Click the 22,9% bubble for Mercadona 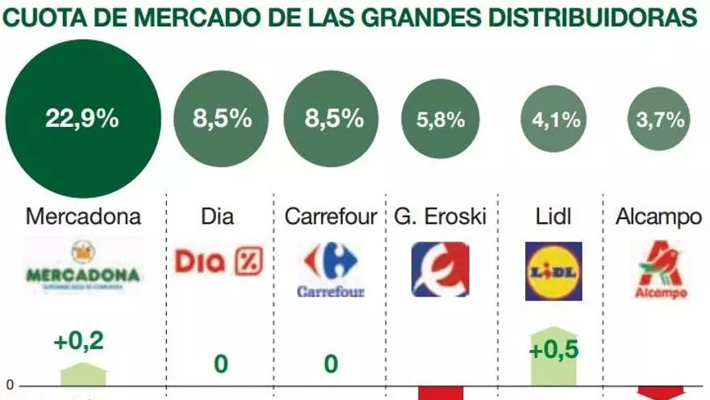coord(82,120)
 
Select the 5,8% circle coord(441,120)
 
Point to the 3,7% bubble coord(660,120)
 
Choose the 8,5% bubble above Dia coord(220,120)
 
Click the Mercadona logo coord(83,265)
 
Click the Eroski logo coord(440,269)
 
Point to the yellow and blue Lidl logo coord(553,270)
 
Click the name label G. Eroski coord(441,217)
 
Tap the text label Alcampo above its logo coord(658,217)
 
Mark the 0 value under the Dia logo coord(220,364)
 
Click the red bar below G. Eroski coord(441,393)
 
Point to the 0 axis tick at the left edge coord(10,385)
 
